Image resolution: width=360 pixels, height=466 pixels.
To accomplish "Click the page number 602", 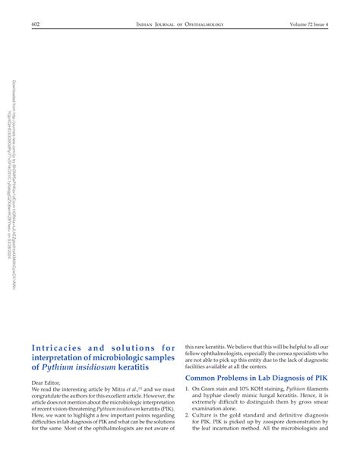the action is (x=35, y=24).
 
